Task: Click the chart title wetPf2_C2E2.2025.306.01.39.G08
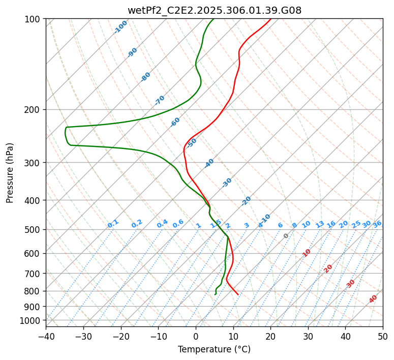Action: pos(214,10)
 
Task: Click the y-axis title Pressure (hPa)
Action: pos(10,172)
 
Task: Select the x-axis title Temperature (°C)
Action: pos(214,350)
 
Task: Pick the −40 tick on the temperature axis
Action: pos(46,337)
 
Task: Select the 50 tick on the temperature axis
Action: pos(383,337)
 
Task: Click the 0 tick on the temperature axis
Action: pos(196,337)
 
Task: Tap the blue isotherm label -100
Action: pos(121,27)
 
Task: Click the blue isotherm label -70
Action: pos(160,100)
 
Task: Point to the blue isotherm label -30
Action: pos(227,183)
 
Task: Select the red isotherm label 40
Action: pos(373,299)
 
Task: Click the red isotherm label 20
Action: pos(328,268)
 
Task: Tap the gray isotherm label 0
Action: pos(286,236)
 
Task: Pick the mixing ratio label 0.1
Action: pos(113,224)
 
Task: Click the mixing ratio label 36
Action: pos(377,224)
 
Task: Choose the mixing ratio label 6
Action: pos(280,225)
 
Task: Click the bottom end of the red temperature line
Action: pos(238,294)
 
